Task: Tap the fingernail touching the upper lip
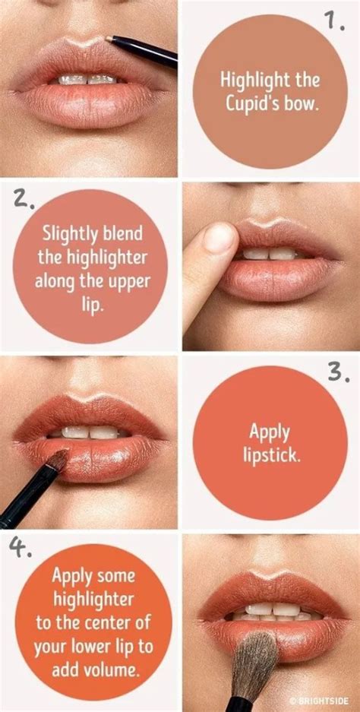[x=221, y=237]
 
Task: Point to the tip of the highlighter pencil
[x=108, y=36]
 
